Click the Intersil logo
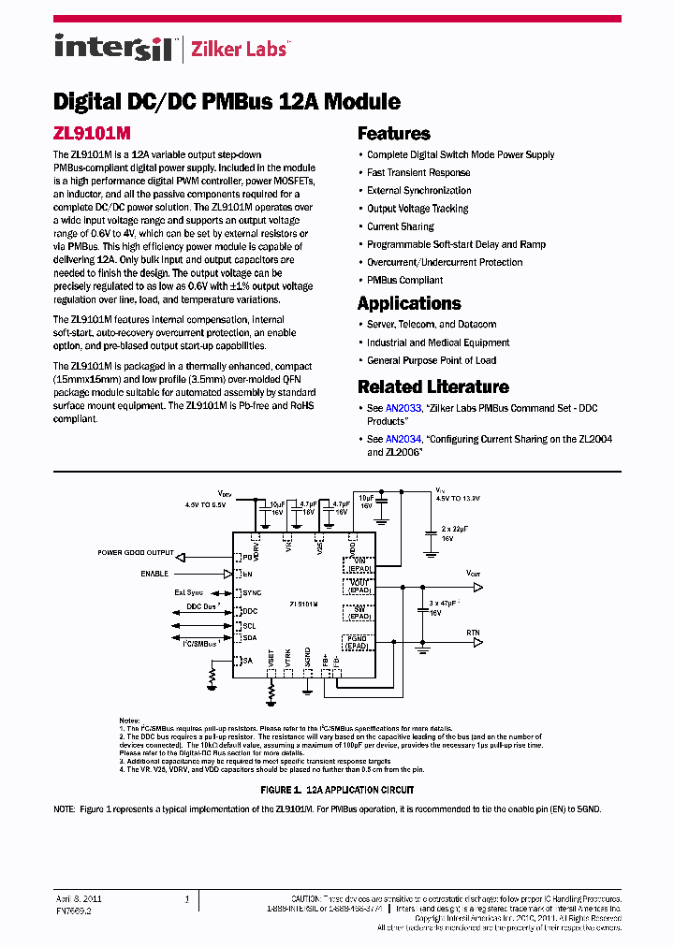pyautogui.click(x=112, y=47)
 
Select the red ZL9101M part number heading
pyautogui.click(x=92, y=135)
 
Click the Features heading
pyautogui.click(x=393, y=134)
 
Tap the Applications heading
pyautogui.click(x=409, y=303)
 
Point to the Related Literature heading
pyautogui.click(x=432, y=386)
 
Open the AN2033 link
pyautogui.click(x=398, y=409)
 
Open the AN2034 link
pyautogui.click(x=398, y=439)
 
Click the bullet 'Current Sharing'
pyautogui.click(x=400, y=226)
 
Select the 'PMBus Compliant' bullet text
pyautogui.click(x=404, y=280)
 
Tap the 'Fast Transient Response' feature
pyautogui.click(x=418, y=172)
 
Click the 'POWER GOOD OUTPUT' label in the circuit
pyautogui.click(x=136, y=553)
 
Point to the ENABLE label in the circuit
pyautogui.click(x=154, y=573)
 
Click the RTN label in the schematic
pyautogui.click(x=473, y=633)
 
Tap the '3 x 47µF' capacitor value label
pyautogui.click(x=443, y=605)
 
